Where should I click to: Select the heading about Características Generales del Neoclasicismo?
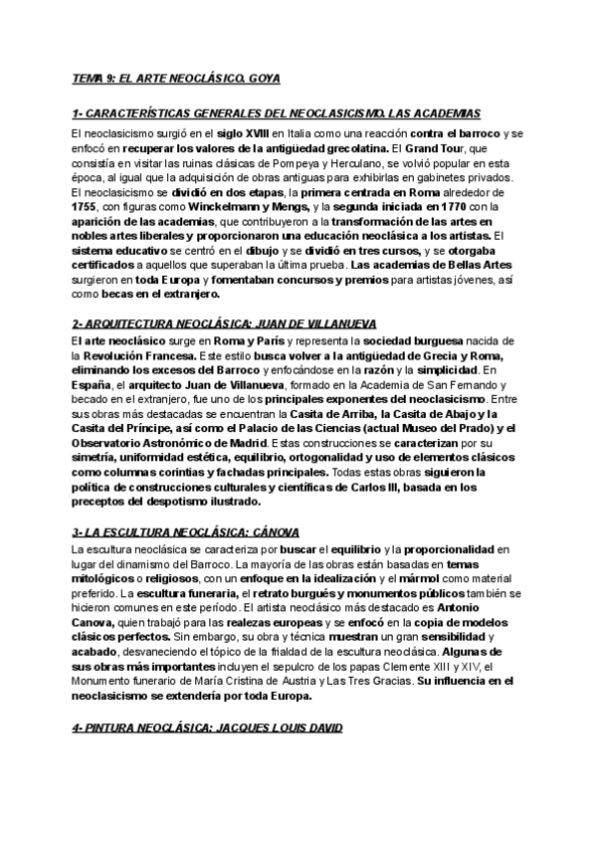[277, 114]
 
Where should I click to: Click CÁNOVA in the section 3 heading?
[271, 532]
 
